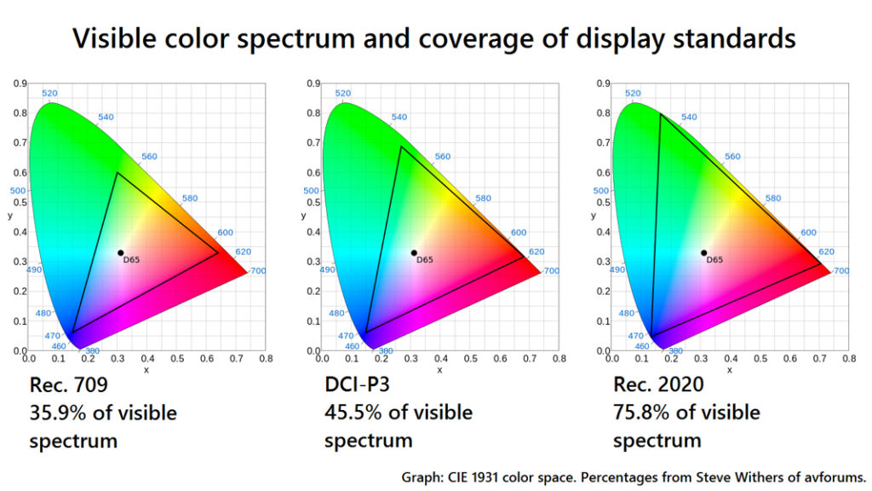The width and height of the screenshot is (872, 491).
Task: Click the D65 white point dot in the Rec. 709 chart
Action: click(x=121, y=252)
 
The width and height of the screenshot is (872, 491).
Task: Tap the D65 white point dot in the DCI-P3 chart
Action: click(x=414, y=252)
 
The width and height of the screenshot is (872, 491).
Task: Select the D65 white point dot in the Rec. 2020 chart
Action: click(x=703, y=252)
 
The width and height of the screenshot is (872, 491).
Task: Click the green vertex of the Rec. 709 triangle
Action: click(x=118, y=173)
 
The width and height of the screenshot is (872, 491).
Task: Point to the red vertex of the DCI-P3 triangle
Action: click(x=525, y=256)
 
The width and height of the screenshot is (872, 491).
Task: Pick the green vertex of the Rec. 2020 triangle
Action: click(x=661, y=113)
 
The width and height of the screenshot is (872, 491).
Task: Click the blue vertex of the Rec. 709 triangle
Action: click(x=72, y=332)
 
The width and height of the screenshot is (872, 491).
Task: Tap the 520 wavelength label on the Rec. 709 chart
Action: click(x=49, y=94)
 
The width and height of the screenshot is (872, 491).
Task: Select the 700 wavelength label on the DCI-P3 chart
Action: click(x=551, y=271)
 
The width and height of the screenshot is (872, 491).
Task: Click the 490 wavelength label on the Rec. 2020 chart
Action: click(x=617, y=269)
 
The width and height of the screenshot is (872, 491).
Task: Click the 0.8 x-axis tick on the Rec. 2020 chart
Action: click(x=847, y=361)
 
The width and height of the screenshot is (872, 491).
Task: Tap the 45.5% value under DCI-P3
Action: click(x=353, y=413)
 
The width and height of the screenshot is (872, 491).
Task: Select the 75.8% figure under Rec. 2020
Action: click(x=643, y=413)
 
